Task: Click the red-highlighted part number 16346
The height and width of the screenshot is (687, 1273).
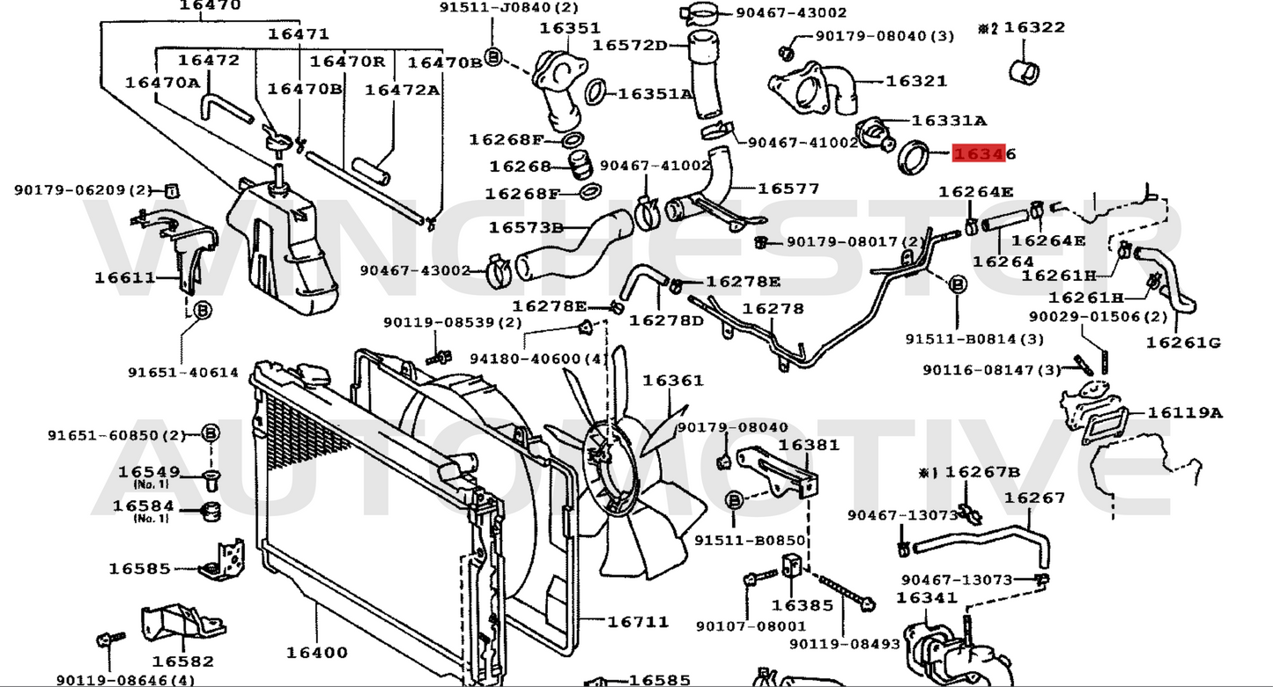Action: (984, 154)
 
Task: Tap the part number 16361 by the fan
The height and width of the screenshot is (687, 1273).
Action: (672, 380)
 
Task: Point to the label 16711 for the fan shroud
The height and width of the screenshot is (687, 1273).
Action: (638, 621)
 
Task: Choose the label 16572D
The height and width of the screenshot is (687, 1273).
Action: (629, 45)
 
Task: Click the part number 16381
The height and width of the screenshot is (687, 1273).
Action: (809, 445)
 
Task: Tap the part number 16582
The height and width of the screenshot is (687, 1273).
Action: (182, 661)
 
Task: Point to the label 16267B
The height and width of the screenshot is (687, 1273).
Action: (982, 472)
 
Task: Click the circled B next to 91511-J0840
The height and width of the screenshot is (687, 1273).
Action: (492, 55)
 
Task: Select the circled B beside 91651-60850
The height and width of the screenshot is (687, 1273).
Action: (210, 433)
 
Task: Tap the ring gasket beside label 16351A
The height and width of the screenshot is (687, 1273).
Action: (596, 91)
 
